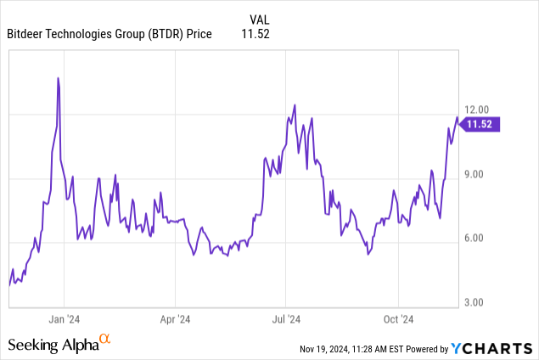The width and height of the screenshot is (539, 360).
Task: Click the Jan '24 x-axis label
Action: click(x=65, y=319)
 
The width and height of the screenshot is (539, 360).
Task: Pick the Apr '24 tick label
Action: click(x=175, y=319)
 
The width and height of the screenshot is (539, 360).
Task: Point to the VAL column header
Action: click(x=261, y=19)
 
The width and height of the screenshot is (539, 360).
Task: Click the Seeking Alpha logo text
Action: click(x=53, y=346)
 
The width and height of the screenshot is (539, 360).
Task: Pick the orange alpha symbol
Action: click(x=105, y=340)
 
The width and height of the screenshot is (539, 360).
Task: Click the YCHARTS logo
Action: click(x=491, y=348)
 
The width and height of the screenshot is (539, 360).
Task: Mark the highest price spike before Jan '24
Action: click(x=58, y=78)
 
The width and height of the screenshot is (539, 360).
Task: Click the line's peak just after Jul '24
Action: click(x=294, y=104)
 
